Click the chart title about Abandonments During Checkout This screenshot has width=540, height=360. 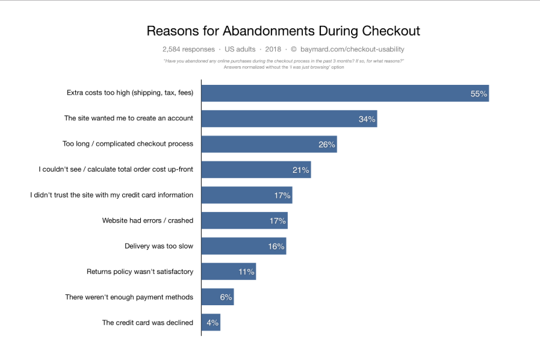tap(284, 31)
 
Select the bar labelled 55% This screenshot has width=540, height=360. tap(344, 93)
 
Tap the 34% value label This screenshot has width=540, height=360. tap(367, 119)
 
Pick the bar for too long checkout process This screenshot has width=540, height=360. tap(268, 144)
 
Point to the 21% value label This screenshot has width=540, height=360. tap(301, 170)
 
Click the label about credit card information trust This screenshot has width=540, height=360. tap(112, 195)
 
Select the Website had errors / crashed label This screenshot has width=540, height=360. tap(147, 220)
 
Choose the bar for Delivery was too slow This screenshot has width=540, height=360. tap(243, 246)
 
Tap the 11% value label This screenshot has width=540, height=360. tap(246, 272)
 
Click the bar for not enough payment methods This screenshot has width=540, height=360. tap(217, 297)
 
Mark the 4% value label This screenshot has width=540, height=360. tap(213, 323)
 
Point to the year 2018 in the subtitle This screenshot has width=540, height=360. tap(273, 49)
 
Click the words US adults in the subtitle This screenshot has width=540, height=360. tap(240, 49)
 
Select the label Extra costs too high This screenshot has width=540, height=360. tap(130, 93)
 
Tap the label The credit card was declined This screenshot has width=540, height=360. tap(147, 323)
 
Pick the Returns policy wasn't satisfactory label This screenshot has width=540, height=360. tap(140, 272)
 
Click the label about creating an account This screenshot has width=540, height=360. tap(129, 119)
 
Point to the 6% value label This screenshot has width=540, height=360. tap(225, 297)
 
